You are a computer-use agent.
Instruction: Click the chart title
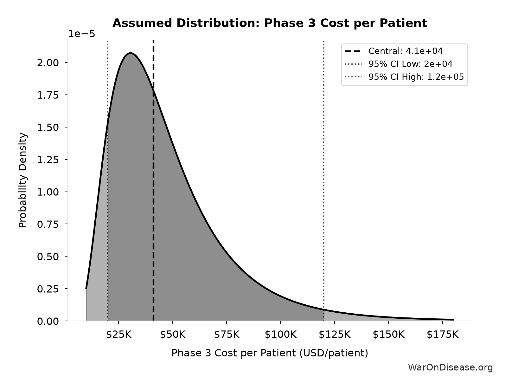pos(270,23)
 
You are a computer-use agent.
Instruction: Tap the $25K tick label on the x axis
pos(119,335)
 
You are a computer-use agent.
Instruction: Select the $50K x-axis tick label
pos(173,335)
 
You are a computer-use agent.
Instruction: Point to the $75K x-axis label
pos(227,335)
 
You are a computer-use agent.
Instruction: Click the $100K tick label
pos(280,335)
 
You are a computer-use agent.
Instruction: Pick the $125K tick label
pos(335,335)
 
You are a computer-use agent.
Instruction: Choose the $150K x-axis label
pos(388,335)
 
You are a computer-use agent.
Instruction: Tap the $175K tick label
pos(442,335)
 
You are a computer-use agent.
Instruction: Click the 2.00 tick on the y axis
pos(48,63)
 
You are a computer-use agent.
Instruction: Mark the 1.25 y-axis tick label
pos(48,160)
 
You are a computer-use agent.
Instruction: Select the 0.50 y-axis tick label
pos(48,257)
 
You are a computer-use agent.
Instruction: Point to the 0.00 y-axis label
pos(48,321)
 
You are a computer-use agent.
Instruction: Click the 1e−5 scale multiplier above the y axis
pos(81,34)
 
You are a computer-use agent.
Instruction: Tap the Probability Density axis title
pos(23,180)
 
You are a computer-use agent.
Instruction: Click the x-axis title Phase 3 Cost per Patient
pos(270,353)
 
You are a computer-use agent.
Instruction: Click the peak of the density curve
pos(131,53)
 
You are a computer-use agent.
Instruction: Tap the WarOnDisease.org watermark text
pos(450,368)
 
